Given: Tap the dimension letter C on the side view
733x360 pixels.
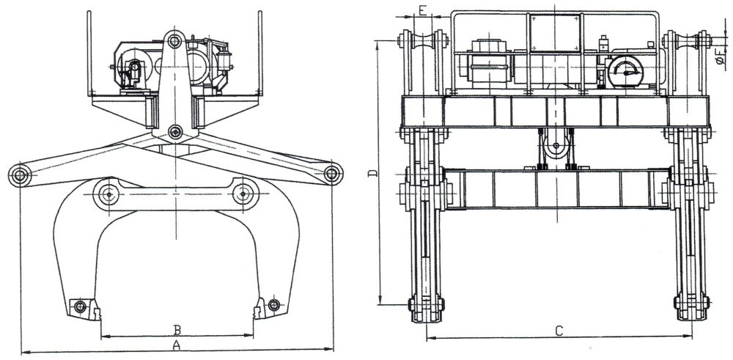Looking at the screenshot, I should [x=559, y=329].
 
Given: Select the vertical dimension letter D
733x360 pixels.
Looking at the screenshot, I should [x=372, y=173].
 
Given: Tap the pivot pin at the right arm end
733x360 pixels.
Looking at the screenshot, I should [x=333, y=174].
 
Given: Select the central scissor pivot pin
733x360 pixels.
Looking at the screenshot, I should [x=175, y=132].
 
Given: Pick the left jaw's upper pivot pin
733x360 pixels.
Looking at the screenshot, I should [x=109, y=194].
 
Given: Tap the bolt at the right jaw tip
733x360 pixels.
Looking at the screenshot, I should [x=274, y=305].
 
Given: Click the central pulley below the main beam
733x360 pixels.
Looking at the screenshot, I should [x=556, y=147].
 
